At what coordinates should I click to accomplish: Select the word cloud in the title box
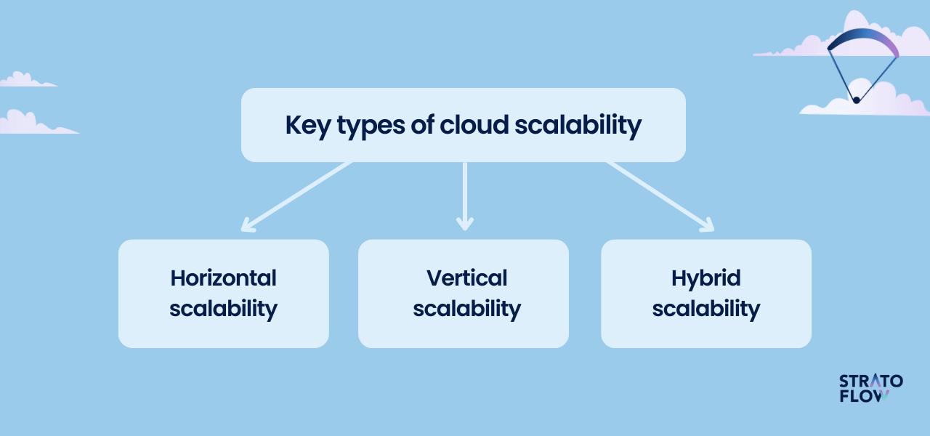pos(474,124)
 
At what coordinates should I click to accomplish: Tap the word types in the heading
pos(371,127)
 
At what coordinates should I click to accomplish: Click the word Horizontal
pos(223,278)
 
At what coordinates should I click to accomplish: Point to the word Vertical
pos(466,278)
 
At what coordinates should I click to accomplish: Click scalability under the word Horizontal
pos(223,310)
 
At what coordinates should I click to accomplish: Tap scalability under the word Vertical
pos(466,310)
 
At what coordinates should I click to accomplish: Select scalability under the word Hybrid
pos(705,310)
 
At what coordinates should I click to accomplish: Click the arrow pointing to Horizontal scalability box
pos(296,196)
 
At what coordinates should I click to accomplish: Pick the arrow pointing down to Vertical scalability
pos(464,196)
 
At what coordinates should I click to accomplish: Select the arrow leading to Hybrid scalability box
pos(660,196)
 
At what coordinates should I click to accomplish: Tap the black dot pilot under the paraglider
pos(857,100)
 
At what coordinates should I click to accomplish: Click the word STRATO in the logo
pos(870,381)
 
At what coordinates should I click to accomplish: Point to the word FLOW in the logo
pos(864,396)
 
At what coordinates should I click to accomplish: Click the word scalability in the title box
pos(578,126)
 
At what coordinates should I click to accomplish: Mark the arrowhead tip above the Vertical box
pos(464,230)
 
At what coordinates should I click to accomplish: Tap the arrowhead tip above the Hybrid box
pos(713,230)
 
